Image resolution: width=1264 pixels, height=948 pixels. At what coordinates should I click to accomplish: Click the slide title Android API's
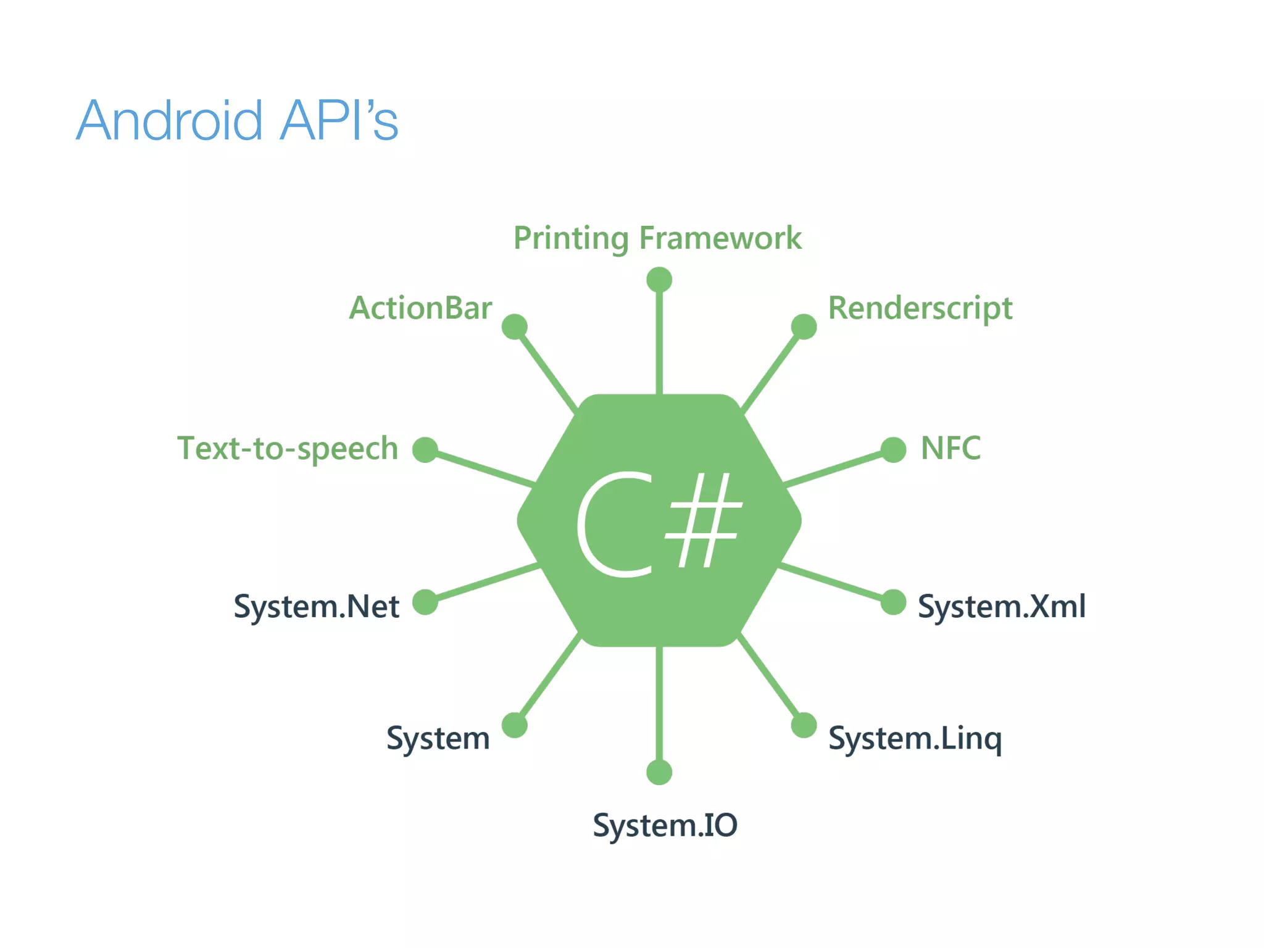coord(238,120)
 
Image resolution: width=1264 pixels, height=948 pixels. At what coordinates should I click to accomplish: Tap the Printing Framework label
coord(657,238)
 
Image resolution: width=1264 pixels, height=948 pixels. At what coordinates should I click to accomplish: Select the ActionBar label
coord(420,308)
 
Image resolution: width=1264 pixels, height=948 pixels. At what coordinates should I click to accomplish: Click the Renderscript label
coord(920,308)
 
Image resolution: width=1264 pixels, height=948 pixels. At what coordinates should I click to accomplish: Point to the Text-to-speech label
coord(288,449)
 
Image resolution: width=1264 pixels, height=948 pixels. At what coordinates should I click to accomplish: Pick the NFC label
coord(950,448)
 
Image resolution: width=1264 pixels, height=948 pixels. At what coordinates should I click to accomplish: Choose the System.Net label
coord(316,606)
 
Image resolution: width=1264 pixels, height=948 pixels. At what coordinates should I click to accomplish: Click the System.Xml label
coord(1001,606)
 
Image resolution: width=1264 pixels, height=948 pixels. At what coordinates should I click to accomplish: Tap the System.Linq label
coord(915,738)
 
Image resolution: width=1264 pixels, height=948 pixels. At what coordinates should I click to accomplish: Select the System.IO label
coord(665,825)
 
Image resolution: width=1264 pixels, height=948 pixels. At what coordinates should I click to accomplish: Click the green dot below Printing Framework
coord(659,280)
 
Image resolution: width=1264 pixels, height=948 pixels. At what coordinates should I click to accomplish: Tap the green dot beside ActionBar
coord(514,326)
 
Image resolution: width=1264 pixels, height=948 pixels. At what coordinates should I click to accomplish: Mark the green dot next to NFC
coord(893,449)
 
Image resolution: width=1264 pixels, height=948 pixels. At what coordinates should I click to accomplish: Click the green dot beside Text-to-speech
coord(425,449)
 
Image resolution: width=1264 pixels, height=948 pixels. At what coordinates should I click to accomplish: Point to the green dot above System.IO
coord(659,772)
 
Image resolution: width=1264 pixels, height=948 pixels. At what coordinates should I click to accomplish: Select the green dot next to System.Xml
coord(893,602)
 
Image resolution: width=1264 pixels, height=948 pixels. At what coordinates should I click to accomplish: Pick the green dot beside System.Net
coord(425,602)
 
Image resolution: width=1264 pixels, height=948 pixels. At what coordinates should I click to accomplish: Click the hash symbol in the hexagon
coord(704,520)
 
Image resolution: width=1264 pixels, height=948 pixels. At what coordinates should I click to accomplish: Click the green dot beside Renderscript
coord(804,326)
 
